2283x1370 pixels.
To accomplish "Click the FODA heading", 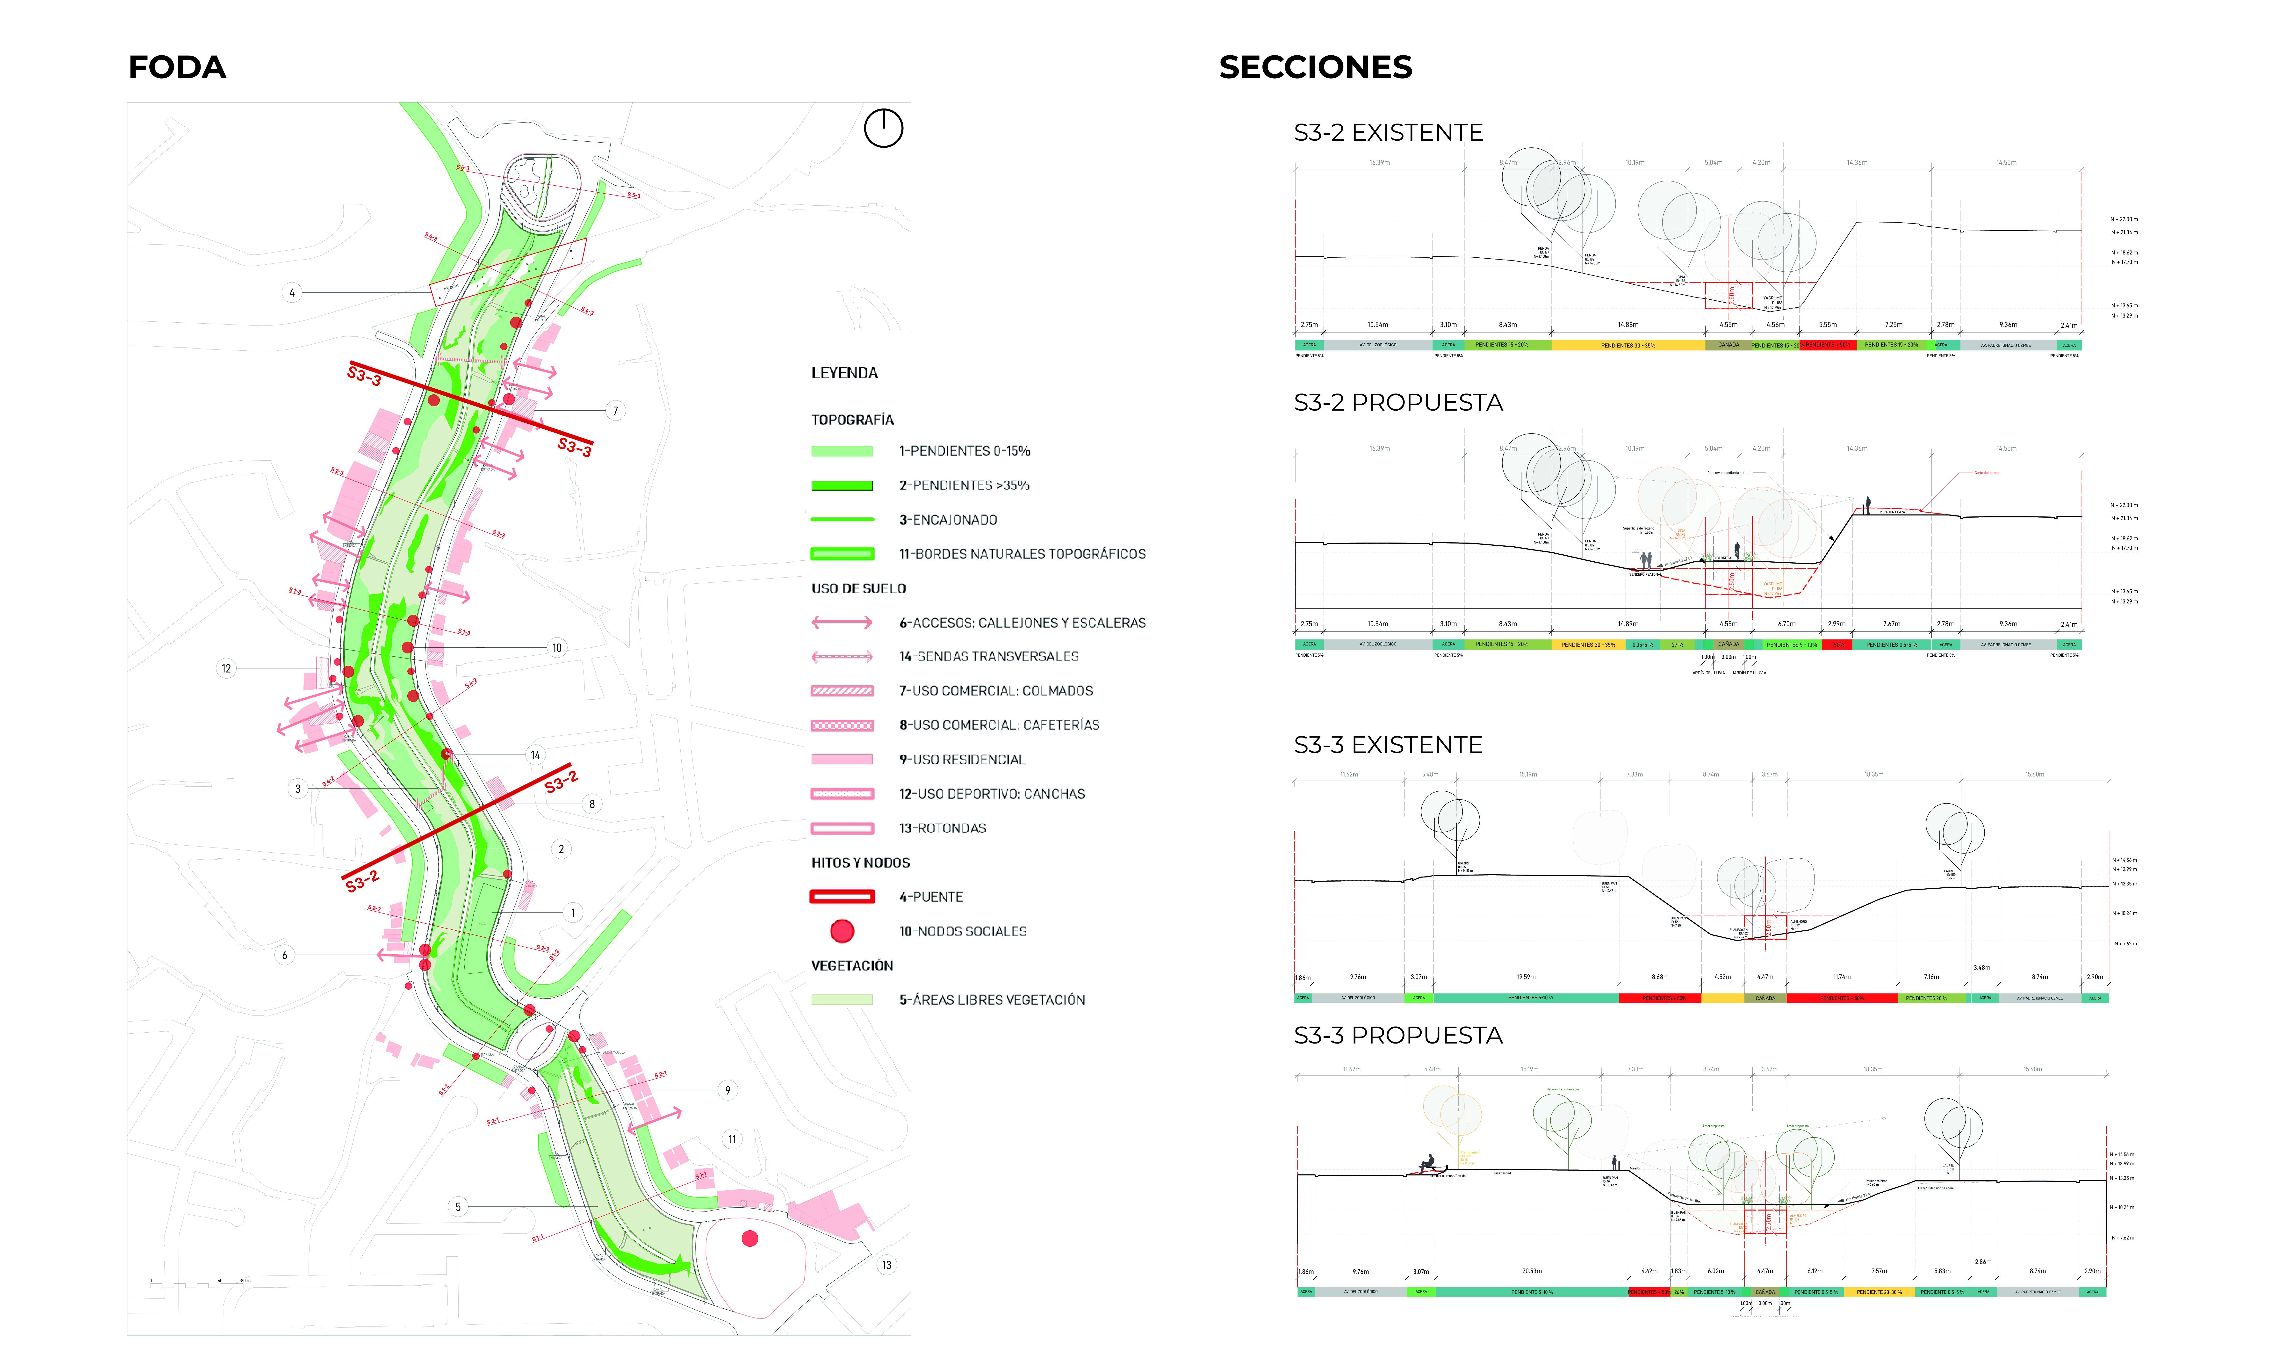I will click(177, 67).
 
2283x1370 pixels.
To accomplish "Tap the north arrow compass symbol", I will click(883, 128).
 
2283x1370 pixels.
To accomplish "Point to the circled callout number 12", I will click(226, 668).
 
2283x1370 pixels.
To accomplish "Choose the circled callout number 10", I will click(556, 648).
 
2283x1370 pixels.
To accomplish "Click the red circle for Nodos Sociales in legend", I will click(842, 931).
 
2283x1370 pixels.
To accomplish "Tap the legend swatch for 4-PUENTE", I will click(842, 896).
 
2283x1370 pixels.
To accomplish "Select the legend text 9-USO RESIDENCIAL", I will click(963, 760).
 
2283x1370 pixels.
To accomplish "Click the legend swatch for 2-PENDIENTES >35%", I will click(842, 486).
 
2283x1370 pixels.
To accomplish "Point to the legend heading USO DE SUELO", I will click(858, 589).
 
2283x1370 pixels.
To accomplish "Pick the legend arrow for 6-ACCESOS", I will click(842, 623).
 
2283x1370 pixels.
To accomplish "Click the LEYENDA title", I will click(844, 373).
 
